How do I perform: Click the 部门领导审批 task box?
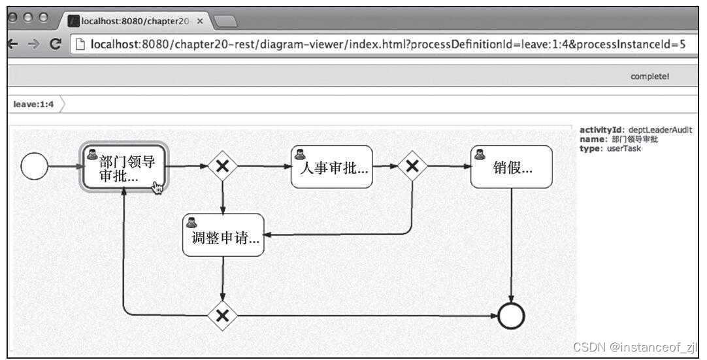point(124,168)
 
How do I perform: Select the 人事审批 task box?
point(331,167)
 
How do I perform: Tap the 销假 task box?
point(511,167)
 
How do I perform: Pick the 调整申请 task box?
point(223,235)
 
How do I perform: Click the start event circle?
point(34,167)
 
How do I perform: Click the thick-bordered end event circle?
point(511,317)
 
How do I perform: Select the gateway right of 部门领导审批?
point(223,167)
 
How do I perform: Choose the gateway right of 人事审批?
point(412,167)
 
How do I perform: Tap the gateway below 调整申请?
point(223,316)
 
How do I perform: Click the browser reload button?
point(56,44)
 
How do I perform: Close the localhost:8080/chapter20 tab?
point(200,21)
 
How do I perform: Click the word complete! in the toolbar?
point(649,76)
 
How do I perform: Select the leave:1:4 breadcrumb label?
point(33,105)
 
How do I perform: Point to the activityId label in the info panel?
point(601,130)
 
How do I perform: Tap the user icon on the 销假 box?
point(480,154)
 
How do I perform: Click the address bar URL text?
point(386,44)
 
